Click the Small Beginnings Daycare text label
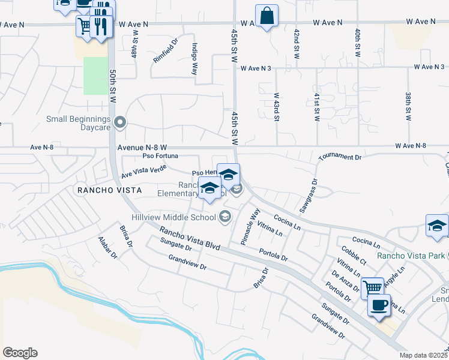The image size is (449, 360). point(79,123)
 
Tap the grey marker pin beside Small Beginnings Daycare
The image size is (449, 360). point(120,123)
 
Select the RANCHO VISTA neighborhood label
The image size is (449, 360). point(109,190)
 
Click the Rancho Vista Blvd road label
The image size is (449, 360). point(190,238)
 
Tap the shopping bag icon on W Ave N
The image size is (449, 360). point(267,16)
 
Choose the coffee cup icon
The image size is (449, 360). point(379,305)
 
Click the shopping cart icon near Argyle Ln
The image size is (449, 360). point(373,287)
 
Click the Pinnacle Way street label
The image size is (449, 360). point(250,226)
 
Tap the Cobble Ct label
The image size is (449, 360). point(354,255)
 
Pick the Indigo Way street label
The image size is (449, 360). point(194,59)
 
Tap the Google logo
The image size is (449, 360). point(20,353)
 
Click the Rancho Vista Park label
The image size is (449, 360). point(411,256)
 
